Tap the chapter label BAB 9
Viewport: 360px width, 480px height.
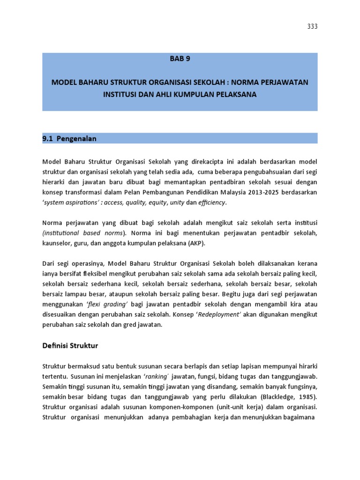point(180,59)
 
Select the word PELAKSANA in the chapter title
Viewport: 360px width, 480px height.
point(232,94)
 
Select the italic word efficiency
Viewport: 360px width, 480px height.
point(211,203)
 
